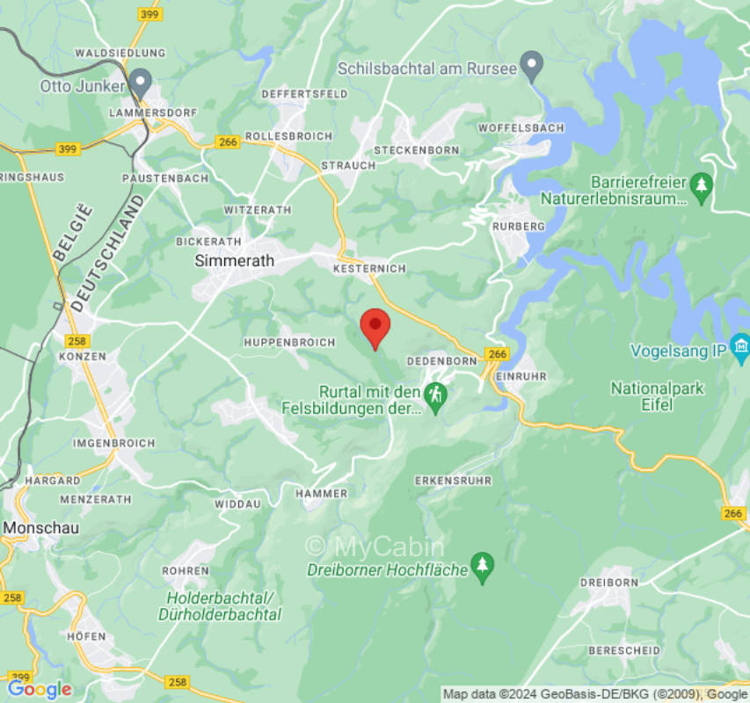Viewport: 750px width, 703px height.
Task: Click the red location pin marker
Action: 375,328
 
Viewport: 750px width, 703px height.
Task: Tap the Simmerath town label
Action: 234,261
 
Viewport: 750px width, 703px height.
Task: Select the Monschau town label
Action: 41,528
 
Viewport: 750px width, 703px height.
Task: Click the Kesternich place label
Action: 370,268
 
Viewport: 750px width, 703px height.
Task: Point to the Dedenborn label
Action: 441,361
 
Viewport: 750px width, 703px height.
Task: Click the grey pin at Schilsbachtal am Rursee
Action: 530,64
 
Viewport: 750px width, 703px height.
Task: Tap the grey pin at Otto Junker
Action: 140,83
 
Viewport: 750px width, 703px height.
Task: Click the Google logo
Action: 40,689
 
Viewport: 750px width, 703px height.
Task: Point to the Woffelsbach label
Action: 521,127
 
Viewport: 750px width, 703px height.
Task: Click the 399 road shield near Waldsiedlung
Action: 149,14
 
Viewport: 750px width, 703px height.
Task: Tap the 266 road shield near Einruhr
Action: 497,353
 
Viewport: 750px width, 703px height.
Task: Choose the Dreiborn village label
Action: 608,583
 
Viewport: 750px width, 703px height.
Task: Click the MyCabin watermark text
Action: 375,546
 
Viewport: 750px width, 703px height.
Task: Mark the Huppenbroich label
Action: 289,342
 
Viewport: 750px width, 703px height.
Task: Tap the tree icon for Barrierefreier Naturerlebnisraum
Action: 701,185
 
